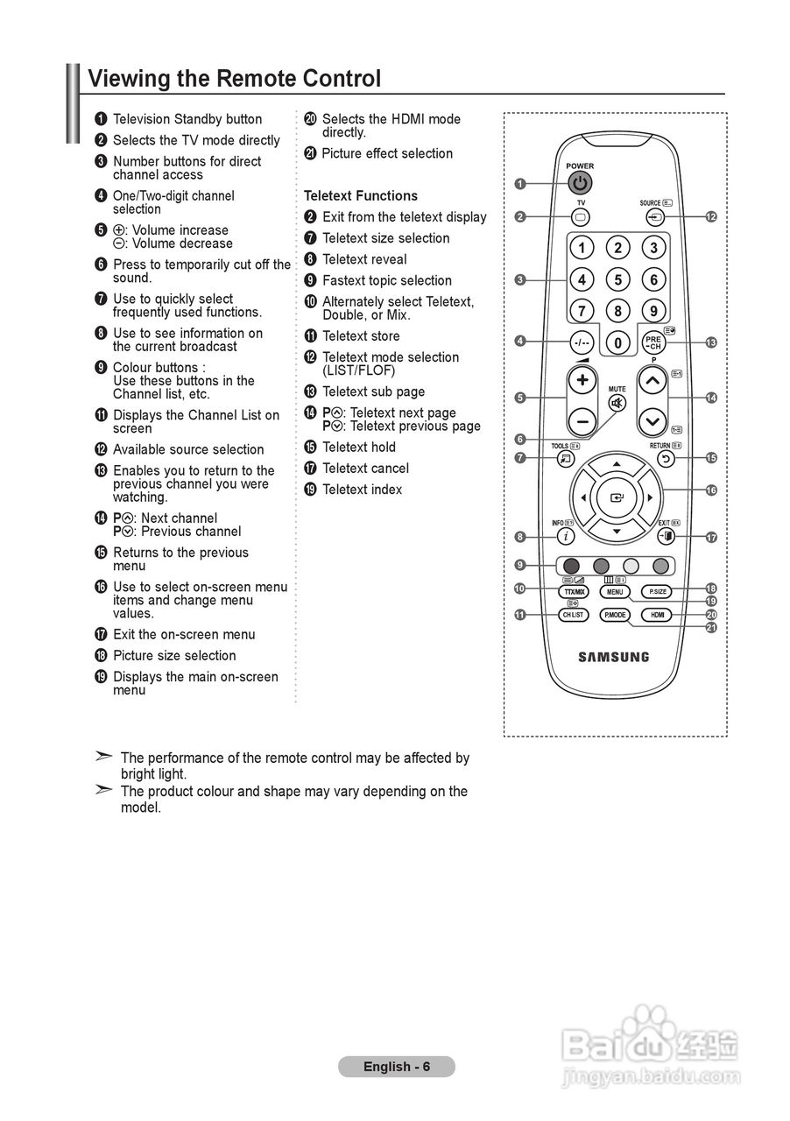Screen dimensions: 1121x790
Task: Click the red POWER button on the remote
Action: [580, 183]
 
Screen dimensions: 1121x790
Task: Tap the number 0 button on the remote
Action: [617, 342]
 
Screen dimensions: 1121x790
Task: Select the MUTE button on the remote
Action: [617, 403]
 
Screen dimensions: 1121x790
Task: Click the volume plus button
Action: [582, 381]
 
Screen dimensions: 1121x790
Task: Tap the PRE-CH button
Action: [653, 342]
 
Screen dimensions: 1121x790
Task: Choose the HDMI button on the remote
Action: [658, 615]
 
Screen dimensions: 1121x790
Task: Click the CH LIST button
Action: [574, 615]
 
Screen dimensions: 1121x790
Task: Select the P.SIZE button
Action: [658, 591]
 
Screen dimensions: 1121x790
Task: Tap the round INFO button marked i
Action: [568, 536]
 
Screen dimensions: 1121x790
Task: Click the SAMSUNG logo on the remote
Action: [614, 657]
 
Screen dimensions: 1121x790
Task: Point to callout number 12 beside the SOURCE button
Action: [711, 216]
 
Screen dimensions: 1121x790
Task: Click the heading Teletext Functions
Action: [360, 196]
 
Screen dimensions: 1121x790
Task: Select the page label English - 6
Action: [397, 1067]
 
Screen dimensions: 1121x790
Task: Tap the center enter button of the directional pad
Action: [617, 497]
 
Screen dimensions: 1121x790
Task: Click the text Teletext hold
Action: [359, 448]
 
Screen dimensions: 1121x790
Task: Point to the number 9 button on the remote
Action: [653, 311]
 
